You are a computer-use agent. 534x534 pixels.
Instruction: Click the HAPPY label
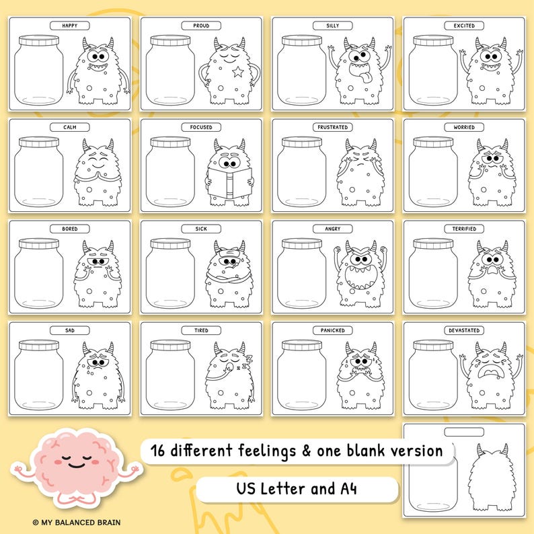[x=69, y=26]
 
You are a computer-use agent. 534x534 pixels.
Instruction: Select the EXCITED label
[x=463, y=26]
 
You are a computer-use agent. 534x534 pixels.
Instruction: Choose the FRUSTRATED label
[x=332, y=127]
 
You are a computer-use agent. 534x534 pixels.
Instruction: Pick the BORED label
[x=69, y=229]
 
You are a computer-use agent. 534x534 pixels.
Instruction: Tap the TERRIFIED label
[x=463, y=229]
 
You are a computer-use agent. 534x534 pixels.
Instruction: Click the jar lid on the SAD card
[x=40, y=345]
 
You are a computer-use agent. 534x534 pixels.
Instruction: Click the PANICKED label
[x=332, y=330]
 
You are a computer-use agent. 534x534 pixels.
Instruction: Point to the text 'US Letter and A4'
[x=297, y=487]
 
